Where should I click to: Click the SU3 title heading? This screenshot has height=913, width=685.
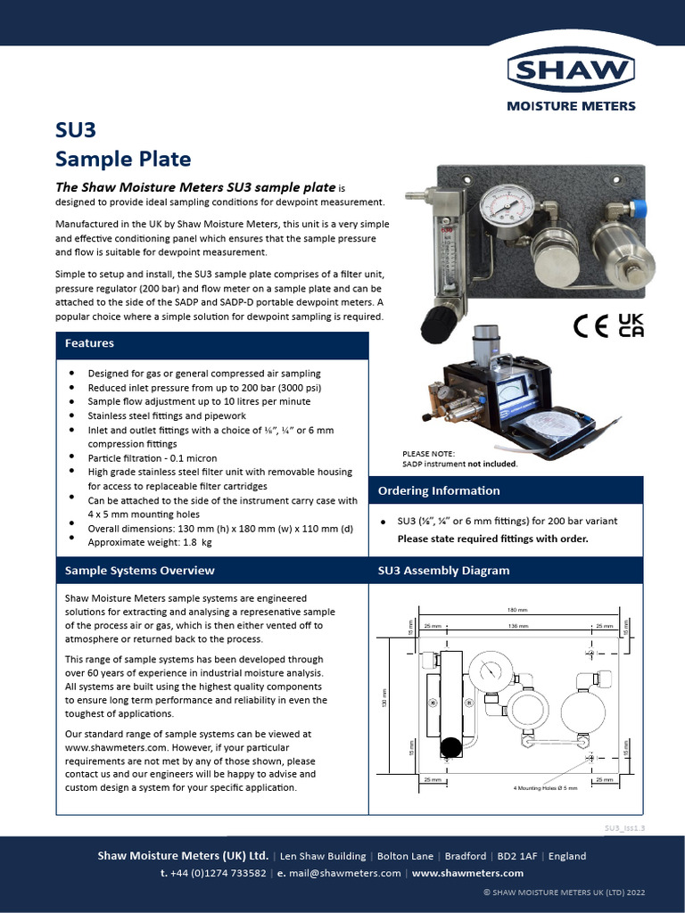[75, 131]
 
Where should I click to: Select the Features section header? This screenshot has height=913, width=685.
[89, 343]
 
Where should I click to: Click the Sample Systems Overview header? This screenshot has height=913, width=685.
[139, 570]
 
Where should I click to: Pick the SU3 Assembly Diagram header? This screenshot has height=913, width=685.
[443, 570]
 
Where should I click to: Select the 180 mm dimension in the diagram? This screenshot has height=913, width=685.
[517, 611]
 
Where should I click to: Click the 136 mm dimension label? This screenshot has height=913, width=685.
[517, 627]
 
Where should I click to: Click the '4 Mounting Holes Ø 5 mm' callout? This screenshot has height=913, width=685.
[546, 788]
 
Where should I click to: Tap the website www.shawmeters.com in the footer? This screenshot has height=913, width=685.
[467, 873]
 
